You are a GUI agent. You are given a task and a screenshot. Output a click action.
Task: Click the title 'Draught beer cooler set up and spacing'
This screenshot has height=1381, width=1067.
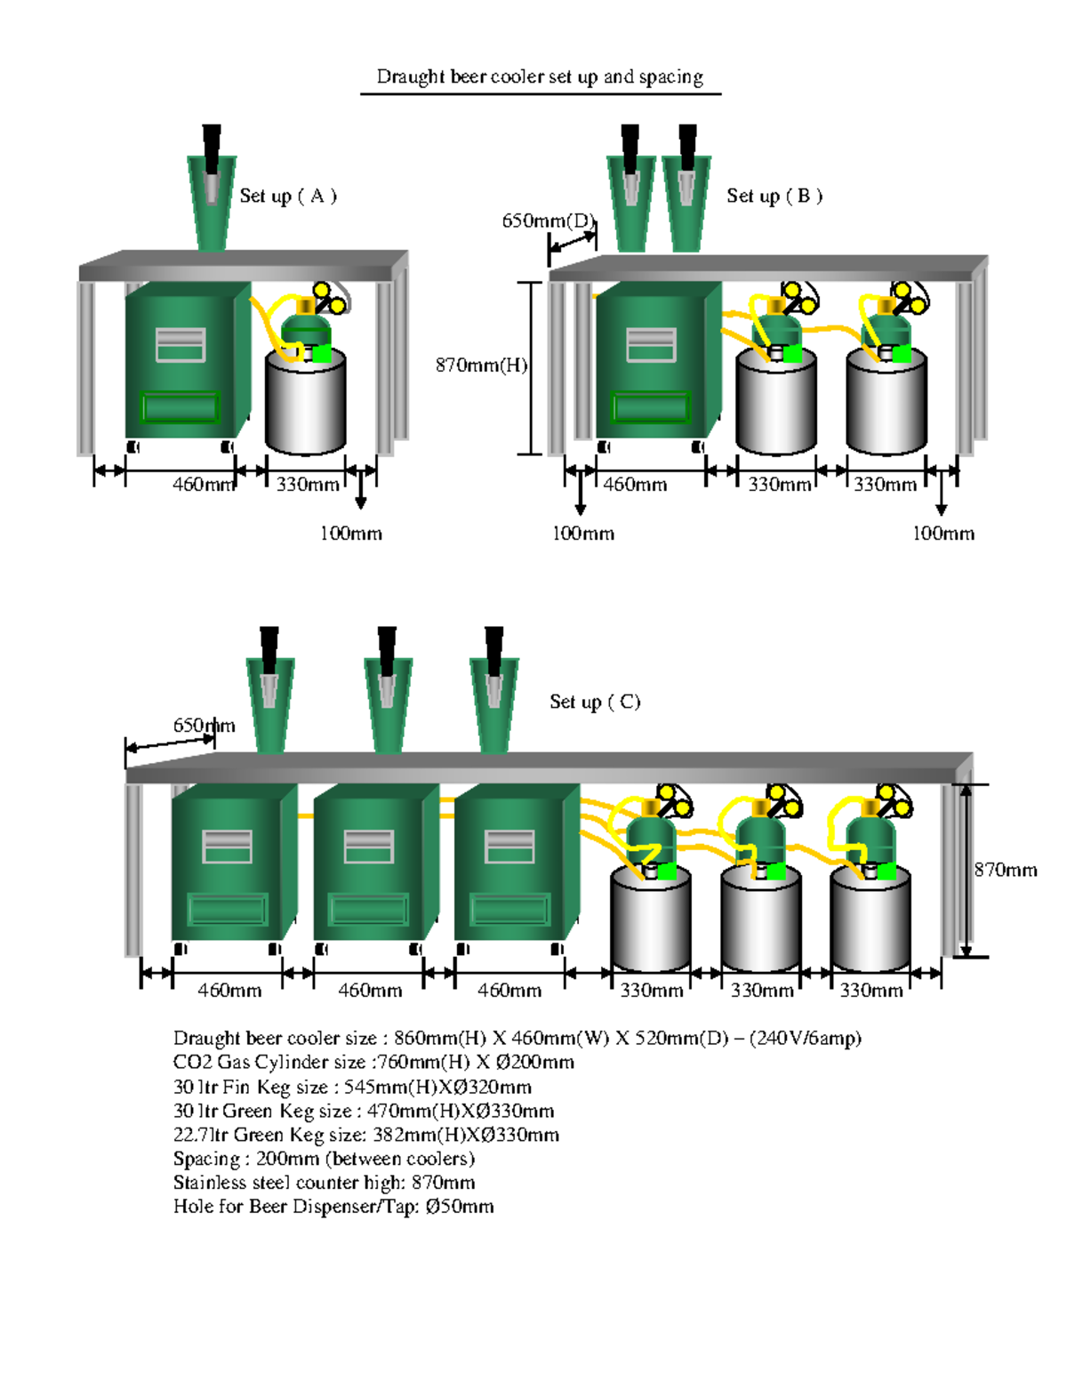540,76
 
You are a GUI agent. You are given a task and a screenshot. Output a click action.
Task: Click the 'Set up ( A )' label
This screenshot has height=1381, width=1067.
288,196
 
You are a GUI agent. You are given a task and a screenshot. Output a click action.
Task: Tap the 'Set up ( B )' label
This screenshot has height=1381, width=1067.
774,196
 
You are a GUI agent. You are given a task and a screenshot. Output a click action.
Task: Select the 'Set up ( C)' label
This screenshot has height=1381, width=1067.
595,702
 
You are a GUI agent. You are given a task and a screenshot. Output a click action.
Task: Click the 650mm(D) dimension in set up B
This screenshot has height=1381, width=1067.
548,221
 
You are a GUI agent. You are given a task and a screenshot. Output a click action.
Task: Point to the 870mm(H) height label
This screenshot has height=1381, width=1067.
481,365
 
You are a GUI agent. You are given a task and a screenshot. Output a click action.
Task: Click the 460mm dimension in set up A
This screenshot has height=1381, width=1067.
202,485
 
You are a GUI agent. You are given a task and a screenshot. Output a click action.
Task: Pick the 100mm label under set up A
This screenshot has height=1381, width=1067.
351,534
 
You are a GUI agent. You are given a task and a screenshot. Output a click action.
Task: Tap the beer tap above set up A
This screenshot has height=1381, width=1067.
212,187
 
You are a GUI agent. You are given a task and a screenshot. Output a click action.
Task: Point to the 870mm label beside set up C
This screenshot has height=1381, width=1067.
1005,870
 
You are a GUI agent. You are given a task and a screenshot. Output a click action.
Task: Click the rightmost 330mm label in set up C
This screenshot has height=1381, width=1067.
870,991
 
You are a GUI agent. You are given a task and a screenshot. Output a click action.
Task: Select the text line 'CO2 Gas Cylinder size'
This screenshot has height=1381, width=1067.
373,1062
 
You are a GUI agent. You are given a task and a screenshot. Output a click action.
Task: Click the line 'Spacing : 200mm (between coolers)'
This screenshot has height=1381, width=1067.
324,1159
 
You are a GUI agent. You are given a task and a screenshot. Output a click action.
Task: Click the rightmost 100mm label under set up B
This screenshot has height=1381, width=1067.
943,534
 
